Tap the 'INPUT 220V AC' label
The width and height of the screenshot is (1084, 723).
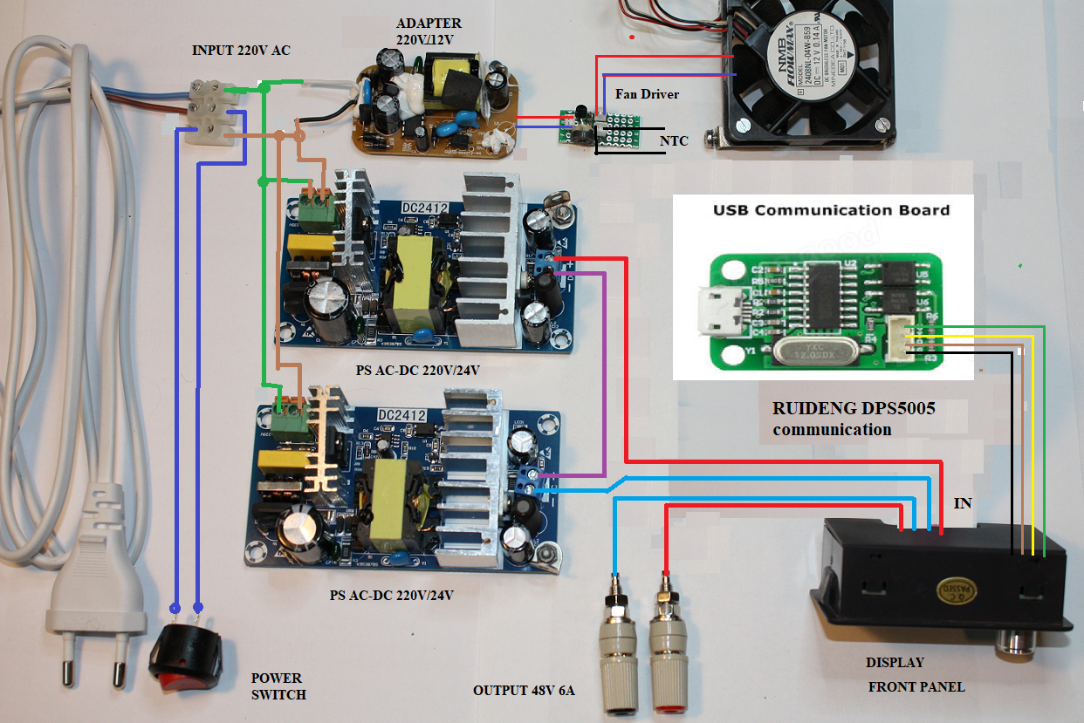(241, 51)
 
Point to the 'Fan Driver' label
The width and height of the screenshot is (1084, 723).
(647, 93)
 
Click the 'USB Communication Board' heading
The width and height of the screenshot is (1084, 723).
(831, 210)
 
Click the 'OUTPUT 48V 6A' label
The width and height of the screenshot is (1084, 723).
(525, 691)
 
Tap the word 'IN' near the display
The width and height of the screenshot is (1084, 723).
(962, 504)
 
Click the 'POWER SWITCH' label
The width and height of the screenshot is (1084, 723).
(278, 686)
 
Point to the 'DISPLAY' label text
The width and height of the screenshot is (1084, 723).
(895, 663)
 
